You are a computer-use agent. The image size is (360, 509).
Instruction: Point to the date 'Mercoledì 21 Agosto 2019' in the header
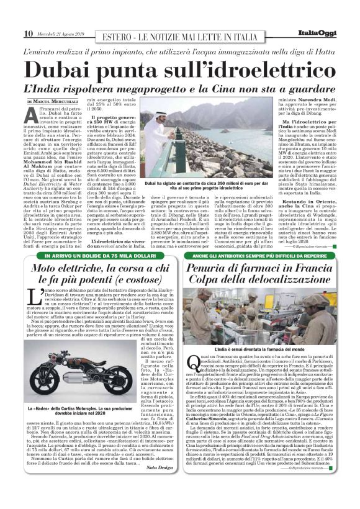coord(61,34)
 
